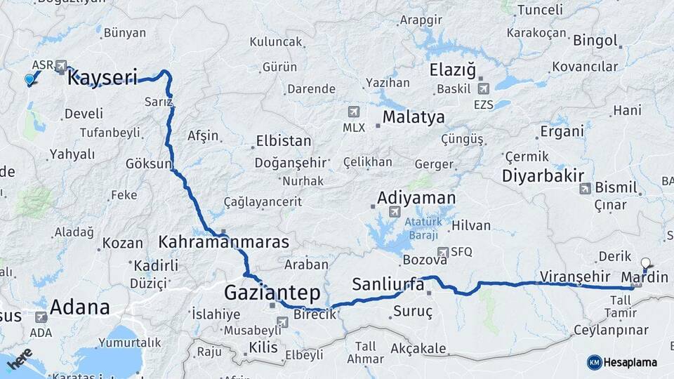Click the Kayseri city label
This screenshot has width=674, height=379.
[102, 78]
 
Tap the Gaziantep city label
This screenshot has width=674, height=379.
[272, 292]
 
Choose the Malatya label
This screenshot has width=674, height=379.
[414, 117]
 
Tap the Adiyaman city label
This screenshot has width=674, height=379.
[416, 198]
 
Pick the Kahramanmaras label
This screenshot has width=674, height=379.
[224, 242]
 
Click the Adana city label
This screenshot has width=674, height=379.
[80, 307]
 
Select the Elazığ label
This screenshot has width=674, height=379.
[453, 70]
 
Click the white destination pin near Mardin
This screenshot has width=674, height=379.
[646, 263]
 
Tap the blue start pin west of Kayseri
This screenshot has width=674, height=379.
[29, 80]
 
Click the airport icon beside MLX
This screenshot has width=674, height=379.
[353, 112]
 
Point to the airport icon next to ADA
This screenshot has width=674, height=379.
[41, 317]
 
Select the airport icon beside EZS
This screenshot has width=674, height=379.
[483, 89]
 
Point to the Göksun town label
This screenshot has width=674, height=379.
[148, 164]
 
